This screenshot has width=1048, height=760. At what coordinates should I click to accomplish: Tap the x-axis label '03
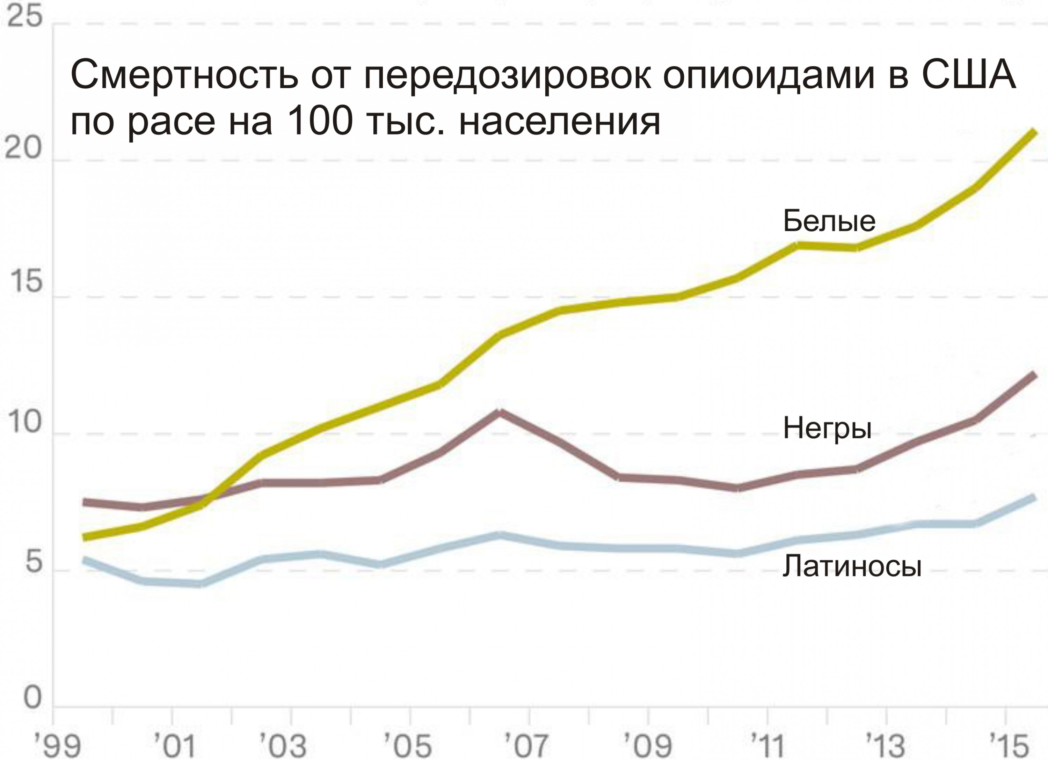point(283,745)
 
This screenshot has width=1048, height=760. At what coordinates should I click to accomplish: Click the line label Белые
point(829,221)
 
